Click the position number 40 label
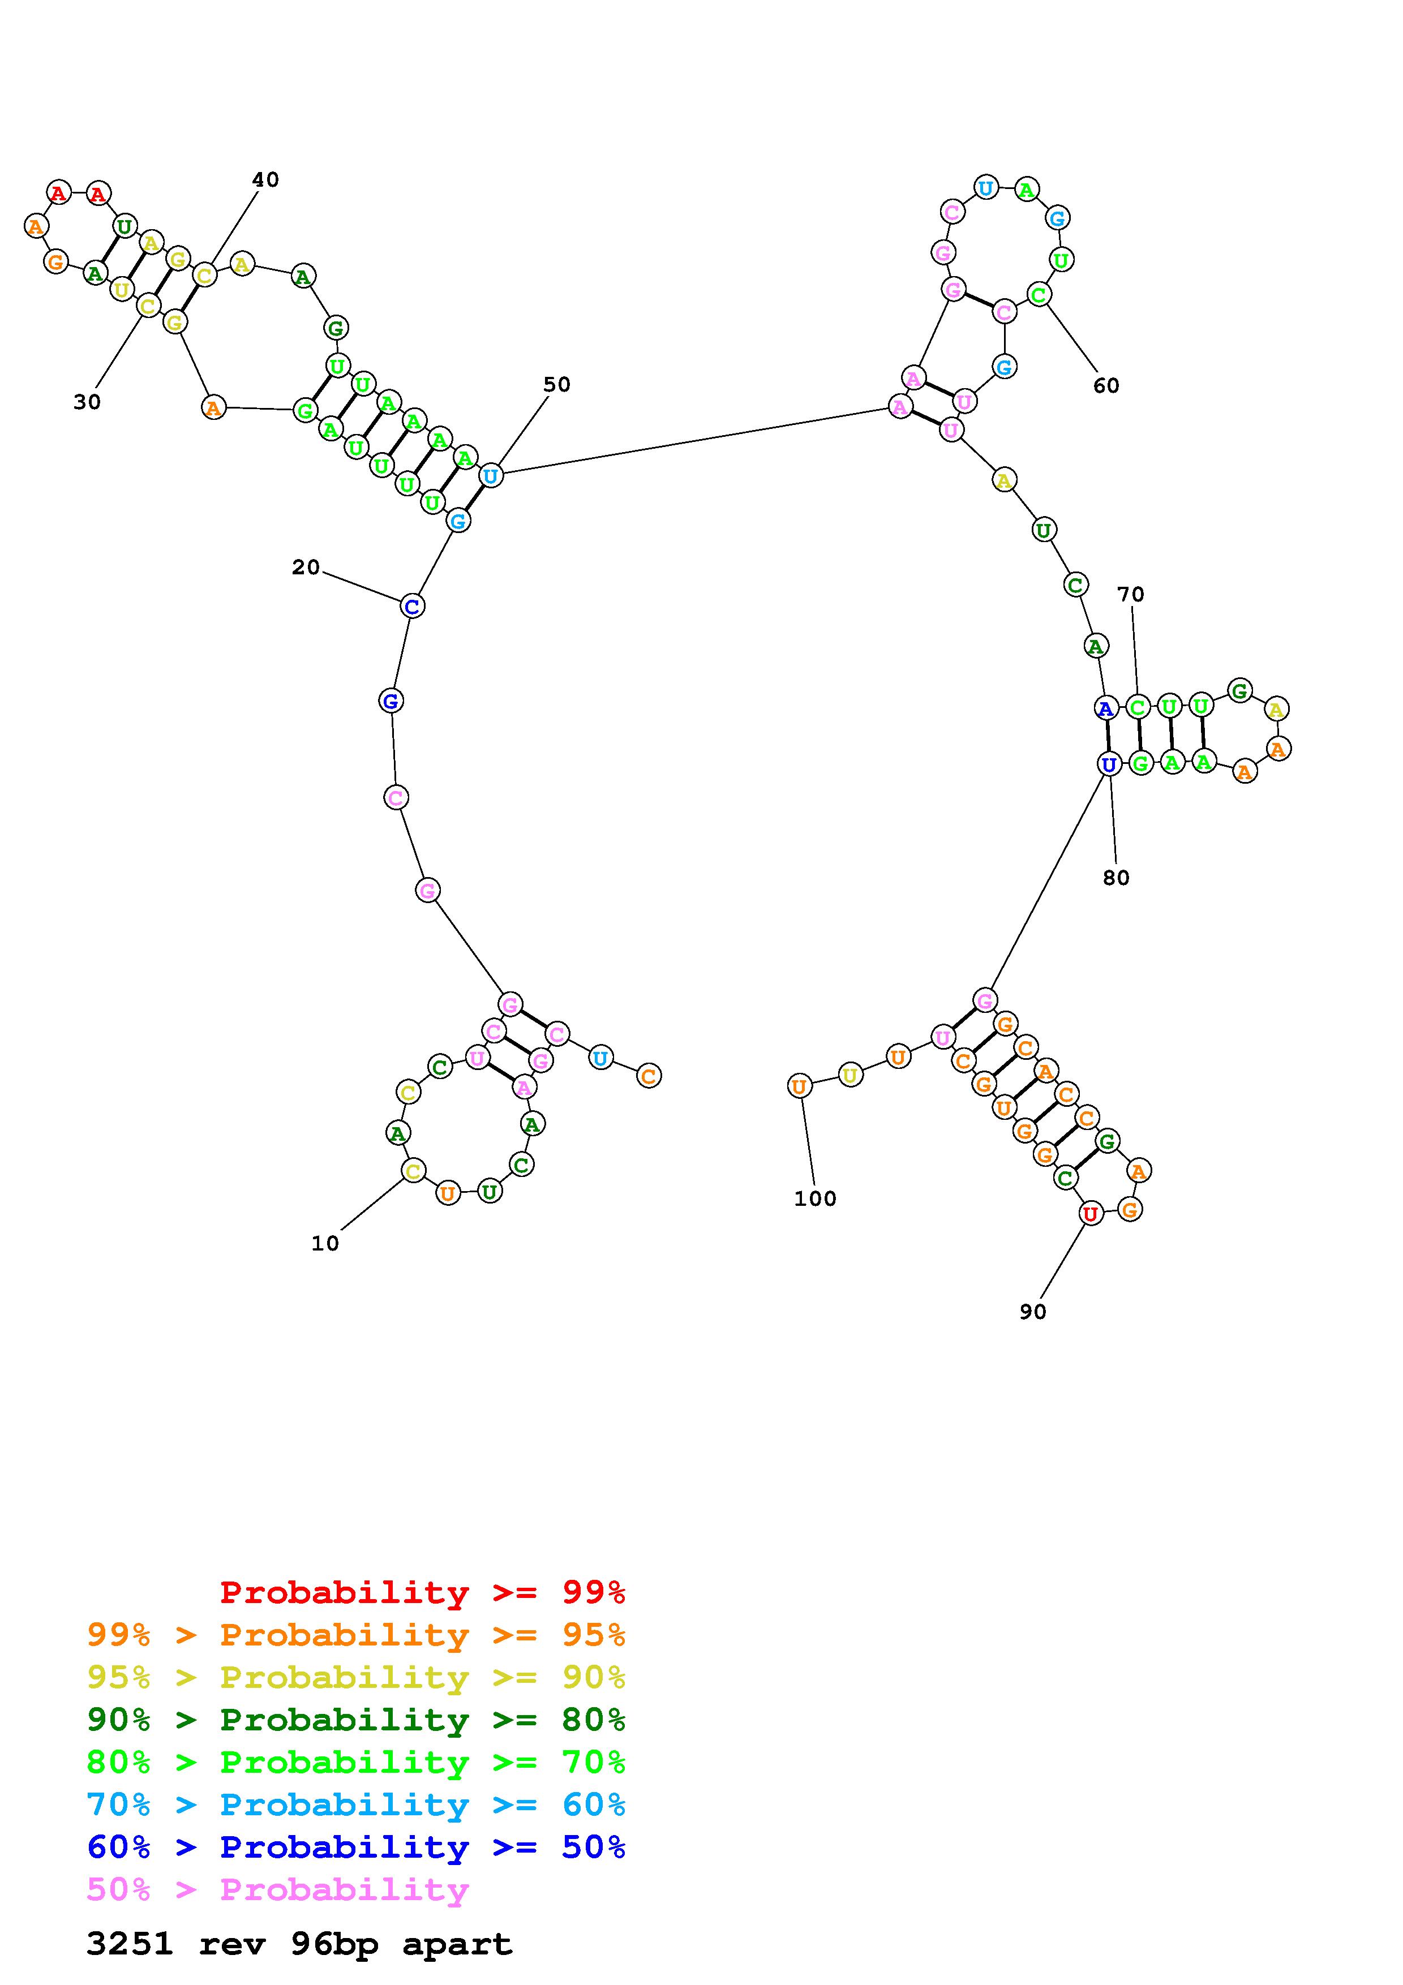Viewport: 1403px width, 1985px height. coord(265,180)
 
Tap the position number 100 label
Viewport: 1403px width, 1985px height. coord(815,1198)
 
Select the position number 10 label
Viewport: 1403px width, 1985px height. coord(325,1243)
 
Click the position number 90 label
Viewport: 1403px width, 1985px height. coord(1032,1312)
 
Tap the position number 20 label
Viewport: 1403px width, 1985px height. coord(306,567)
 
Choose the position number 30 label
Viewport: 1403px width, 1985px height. coord(87,402)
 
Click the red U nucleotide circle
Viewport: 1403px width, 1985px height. coord(1091,1214)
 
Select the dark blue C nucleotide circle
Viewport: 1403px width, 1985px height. coord(413,606)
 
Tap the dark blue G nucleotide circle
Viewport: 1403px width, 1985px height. coord(391,701)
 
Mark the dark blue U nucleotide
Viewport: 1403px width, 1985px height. coord(1109,764)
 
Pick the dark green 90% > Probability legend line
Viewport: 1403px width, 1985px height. coord(356,1720)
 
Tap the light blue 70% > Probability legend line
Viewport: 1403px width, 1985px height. coord(356,1804)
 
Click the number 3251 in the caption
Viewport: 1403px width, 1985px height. coord(130,1944)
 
